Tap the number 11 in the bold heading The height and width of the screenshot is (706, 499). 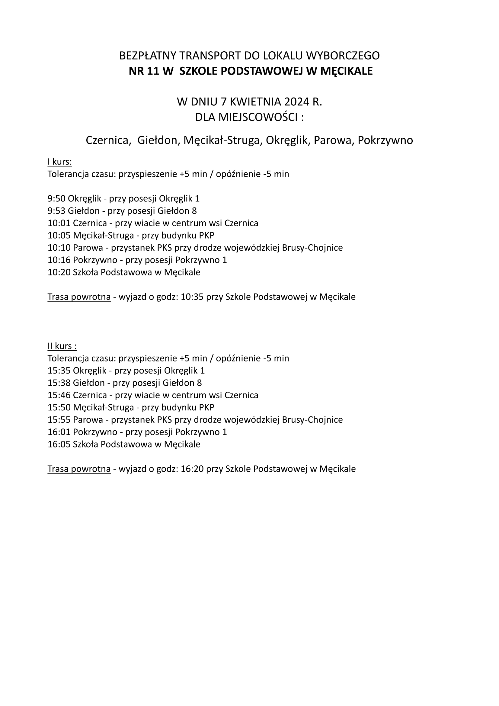[152, 71]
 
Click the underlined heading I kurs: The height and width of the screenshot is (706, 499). [60, 162]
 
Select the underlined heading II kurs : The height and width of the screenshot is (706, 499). [62, 346]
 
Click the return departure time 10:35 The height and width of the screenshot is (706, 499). [192, 297]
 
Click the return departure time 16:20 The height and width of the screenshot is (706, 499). [192, 469]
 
